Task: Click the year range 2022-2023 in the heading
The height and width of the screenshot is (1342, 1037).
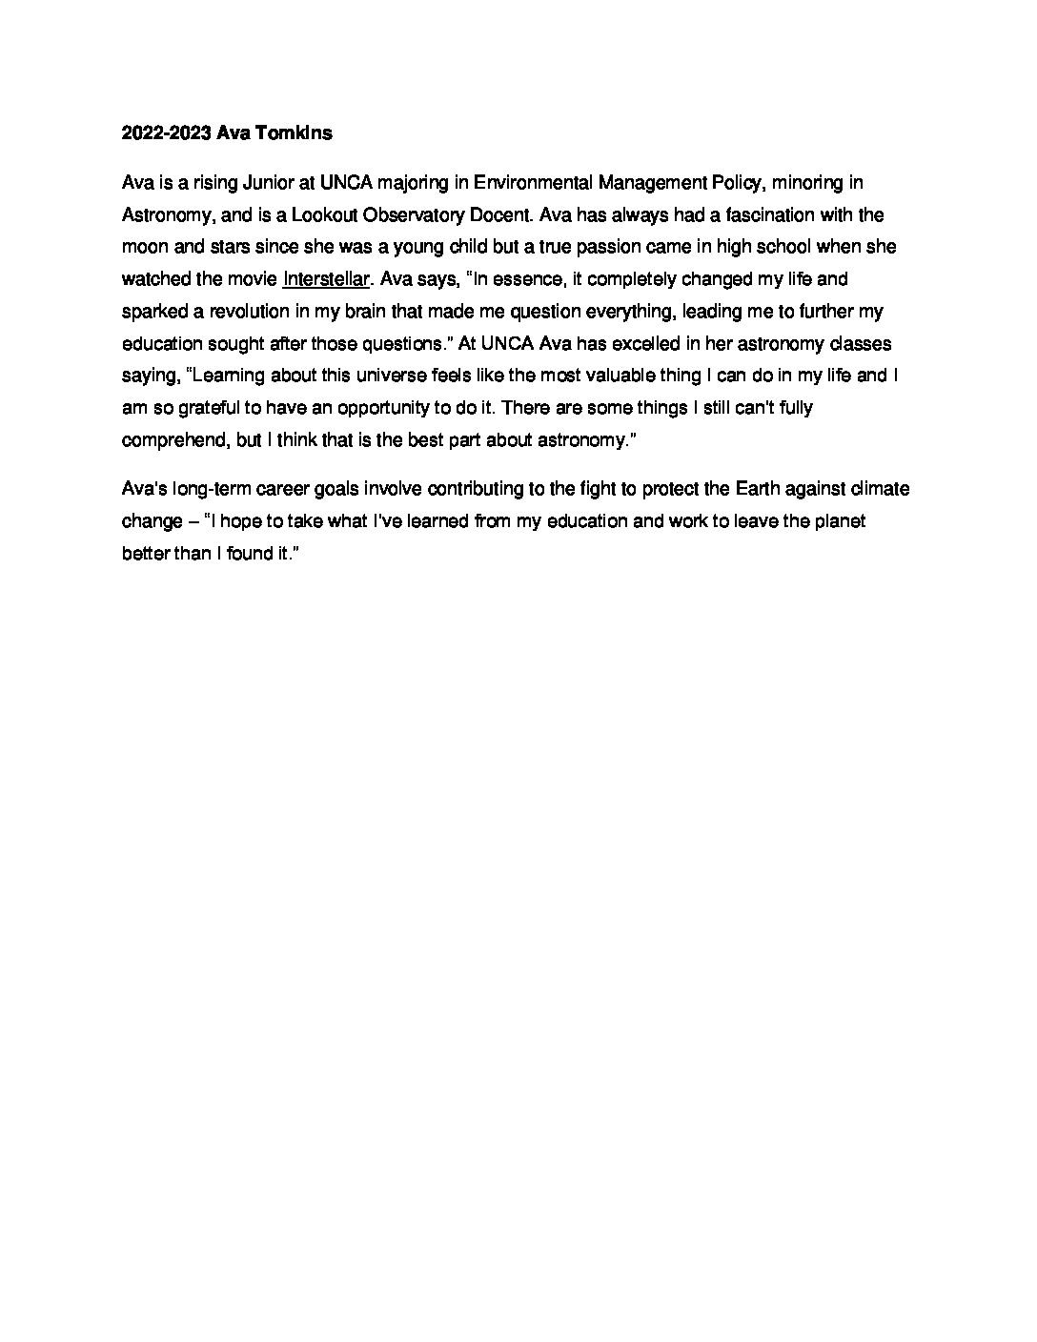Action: (167, 133)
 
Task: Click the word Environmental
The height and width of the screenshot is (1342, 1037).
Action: (544, 182)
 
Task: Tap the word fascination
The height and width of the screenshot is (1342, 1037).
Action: (759, 214)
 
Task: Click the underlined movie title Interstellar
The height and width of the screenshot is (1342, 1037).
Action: (325, 279)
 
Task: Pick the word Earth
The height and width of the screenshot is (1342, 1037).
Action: (760, 489)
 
